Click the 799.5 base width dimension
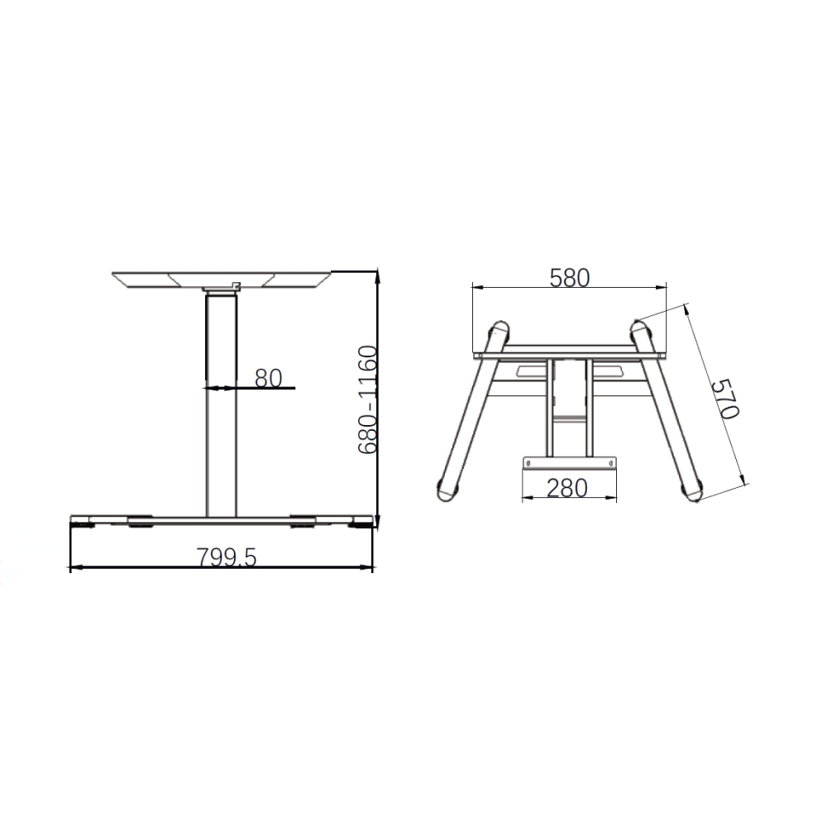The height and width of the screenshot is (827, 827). (x=227, y=557)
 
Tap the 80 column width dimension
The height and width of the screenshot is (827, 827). (x=268, y=378)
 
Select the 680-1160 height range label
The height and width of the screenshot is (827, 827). (x=368, y=399)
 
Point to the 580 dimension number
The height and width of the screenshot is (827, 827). (x=569, y=277)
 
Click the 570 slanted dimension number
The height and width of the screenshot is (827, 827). (x=726, y=399)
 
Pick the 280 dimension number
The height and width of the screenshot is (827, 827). (x=567, y=488)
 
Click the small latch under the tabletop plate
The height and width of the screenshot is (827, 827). (x=237, y=286)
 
